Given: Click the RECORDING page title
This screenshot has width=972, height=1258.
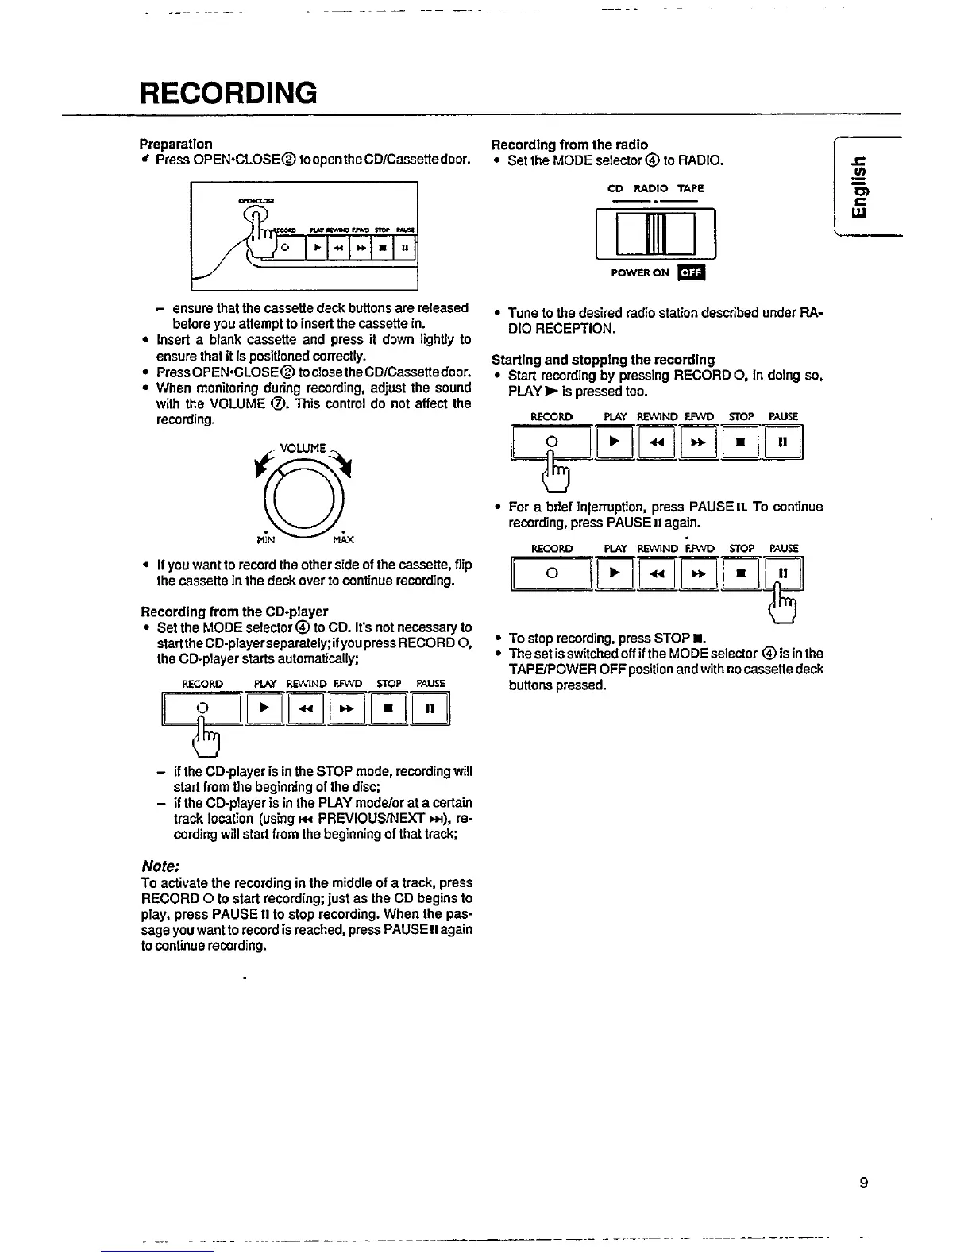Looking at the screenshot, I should click(229, 93).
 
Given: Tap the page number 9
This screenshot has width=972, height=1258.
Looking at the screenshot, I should click(863, 1183).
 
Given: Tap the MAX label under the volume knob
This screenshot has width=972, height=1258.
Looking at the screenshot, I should click(343, 540).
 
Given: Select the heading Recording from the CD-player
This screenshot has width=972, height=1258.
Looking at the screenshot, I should click(234, 612).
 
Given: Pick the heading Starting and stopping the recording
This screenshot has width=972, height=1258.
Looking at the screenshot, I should click(603, 359).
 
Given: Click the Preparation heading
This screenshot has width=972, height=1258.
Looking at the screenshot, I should click(176, 144).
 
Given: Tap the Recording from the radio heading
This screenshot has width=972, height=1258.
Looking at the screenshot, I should click(569, 144).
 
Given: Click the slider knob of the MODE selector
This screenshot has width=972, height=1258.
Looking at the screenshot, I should click(656, 234).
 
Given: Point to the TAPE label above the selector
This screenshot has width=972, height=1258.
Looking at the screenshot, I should click(690, 188).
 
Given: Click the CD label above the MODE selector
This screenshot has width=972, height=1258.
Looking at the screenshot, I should click(615, 188).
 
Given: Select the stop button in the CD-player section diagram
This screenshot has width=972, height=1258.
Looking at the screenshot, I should click(388, 708).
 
